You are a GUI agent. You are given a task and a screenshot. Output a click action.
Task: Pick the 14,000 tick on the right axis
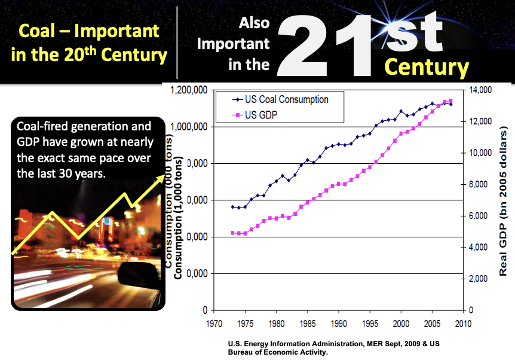point(482,90)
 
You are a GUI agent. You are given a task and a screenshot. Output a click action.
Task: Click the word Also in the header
point(254,23)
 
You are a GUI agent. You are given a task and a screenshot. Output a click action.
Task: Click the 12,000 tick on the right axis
point(482,121)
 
